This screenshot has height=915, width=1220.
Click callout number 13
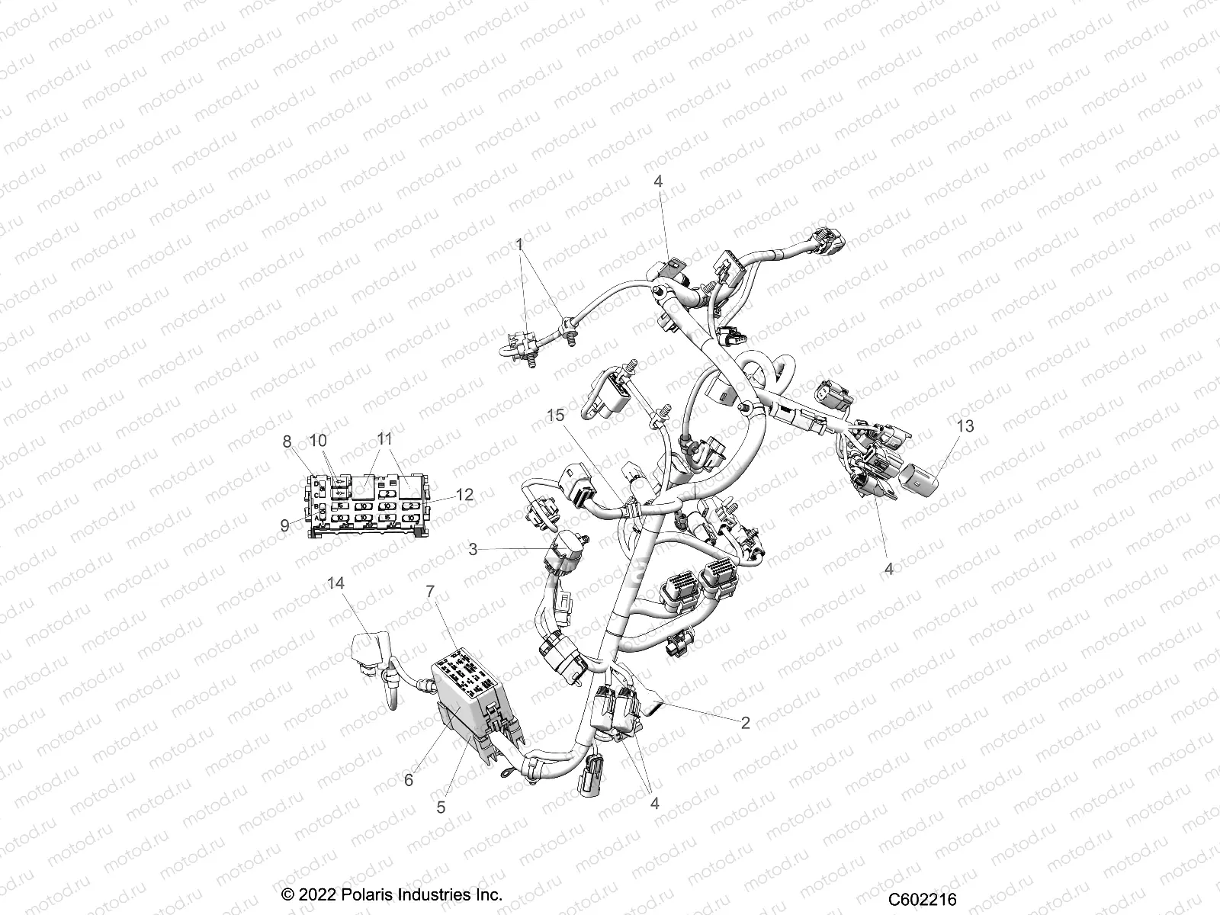[x=965, y=426]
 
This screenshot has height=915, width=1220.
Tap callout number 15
[x=556, y=416]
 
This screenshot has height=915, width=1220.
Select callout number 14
[x=336, y=583]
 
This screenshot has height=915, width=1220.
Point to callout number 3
[x=473, y=549]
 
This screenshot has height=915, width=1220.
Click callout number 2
[x=745, y=723]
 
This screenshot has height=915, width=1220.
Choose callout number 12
[x=464, y=495]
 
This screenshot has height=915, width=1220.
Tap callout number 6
[x=409, y=780]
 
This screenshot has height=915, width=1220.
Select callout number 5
[x=441, y=807]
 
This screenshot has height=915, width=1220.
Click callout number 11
[x=384, y=439]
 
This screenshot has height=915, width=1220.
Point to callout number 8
[x=287, y=441]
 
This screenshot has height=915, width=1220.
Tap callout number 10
[x=317, y=441]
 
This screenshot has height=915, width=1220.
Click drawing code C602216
[x=922, y=901]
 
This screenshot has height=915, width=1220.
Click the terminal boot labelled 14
[x=366, y=650]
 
